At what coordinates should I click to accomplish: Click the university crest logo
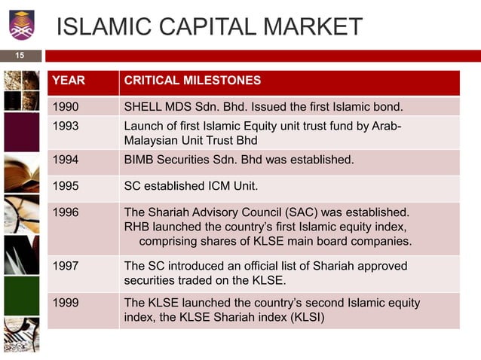tap(21, 24)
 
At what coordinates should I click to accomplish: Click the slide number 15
tap(20, 55)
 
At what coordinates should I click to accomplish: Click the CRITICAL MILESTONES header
tap(192, 81)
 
